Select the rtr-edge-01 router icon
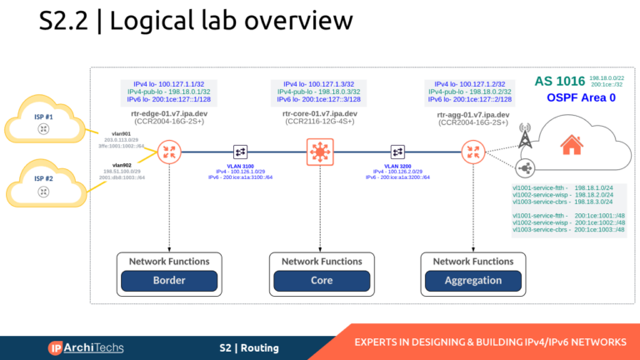point(170,152)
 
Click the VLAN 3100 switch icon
point(240,152)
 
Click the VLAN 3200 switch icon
point(398,152)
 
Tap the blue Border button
point(169,281)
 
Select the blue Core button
point(322,281)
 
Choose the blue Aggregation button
point(472,281)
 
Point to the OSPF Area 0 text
point(581,98)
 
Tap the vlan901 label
point(122,132)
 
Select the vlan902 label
point(122,165)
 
